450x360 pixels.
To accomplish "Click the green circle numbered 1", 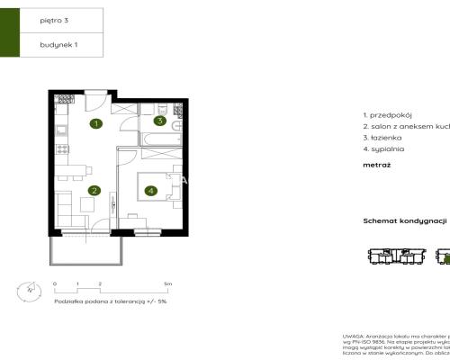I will pyautogui.click(x=95, y=123).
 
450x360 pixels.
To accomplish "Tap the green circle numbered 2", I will pyautogui.click(x=94, y=190).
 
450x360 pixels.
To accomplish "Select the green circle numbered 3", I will pyautogui.click(x=158, y=121).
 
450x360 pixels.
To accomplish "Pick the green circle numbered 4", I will pyautogui.click(x=150, y=190).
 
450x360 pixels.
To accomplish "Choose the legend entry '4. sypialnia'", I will pyautogui.click(x=384, y=148).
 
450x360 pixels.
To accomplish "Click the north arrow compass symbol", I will pyautogui.click(x=30, y=290).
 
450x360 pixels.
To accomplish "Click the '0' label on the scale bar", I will pyautogui.click(x=55, y=283).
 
